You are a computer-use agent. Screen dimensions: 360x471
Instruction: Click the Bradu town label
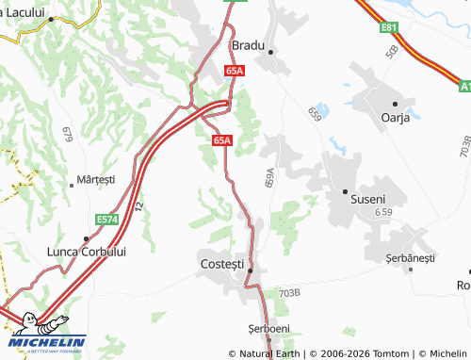[x=248, y=44]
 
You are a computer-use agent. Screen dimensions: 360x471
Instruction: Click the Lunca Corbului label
[x=87, y=252]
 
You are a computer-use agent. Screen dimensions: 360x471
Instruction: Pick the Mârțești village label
[x=96, y=179]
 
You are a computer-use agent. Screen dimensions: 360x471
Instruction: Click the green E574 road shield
[x=108, y=219]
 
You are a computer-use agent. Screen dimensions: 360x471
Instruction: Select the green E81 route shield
[x=390, y=29]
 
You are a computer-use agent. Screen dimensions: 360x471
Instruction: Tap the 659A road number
[x=269, y=178]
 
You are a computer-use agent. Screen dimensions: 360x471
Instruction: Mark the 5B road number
[x=391, y=50]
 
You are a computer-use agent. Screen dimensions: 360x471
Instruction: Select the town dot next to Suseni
[x=345, y=190]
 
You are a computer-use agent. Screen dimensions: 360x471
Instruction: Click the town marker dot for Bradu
[x=269, y=52]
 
